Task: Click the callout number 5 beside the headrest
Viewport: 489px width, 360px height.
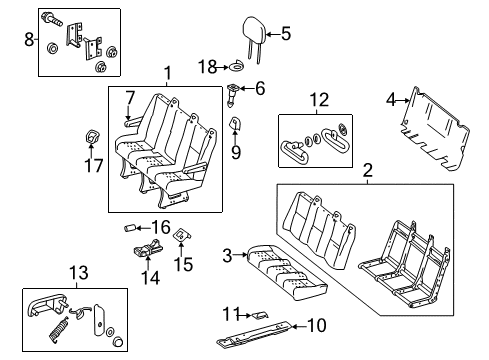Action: pyautogui.click(x=285, y=34)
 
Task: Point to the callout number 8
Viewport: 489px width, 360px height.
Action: pyautogui.click(x=27, y=40)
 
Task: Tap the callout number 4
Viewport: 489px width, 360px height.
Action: pyautogui.click(x=391, y=99)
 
